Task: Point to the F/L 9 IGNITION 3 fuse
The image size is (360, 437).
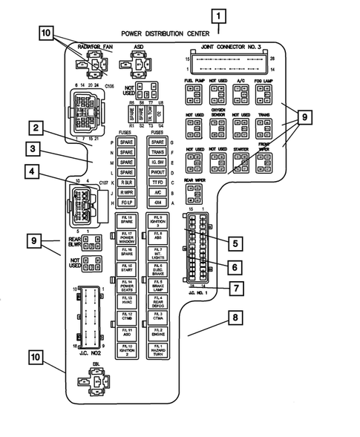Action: click(x=157, y=223)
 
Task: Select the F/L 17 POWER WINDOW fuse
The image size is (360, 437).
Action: click(x=127, y=239)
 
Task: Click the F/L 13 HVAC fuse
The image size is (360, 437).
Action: click(x=127, y=300)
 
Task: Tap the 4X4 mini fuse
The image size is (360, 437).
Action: click(x=156, y=202)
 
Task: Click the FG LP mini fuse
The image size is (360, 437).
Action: click(x=127, y=202)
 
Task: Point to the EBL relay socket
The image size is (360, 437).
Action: click(x=94, y=388)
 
